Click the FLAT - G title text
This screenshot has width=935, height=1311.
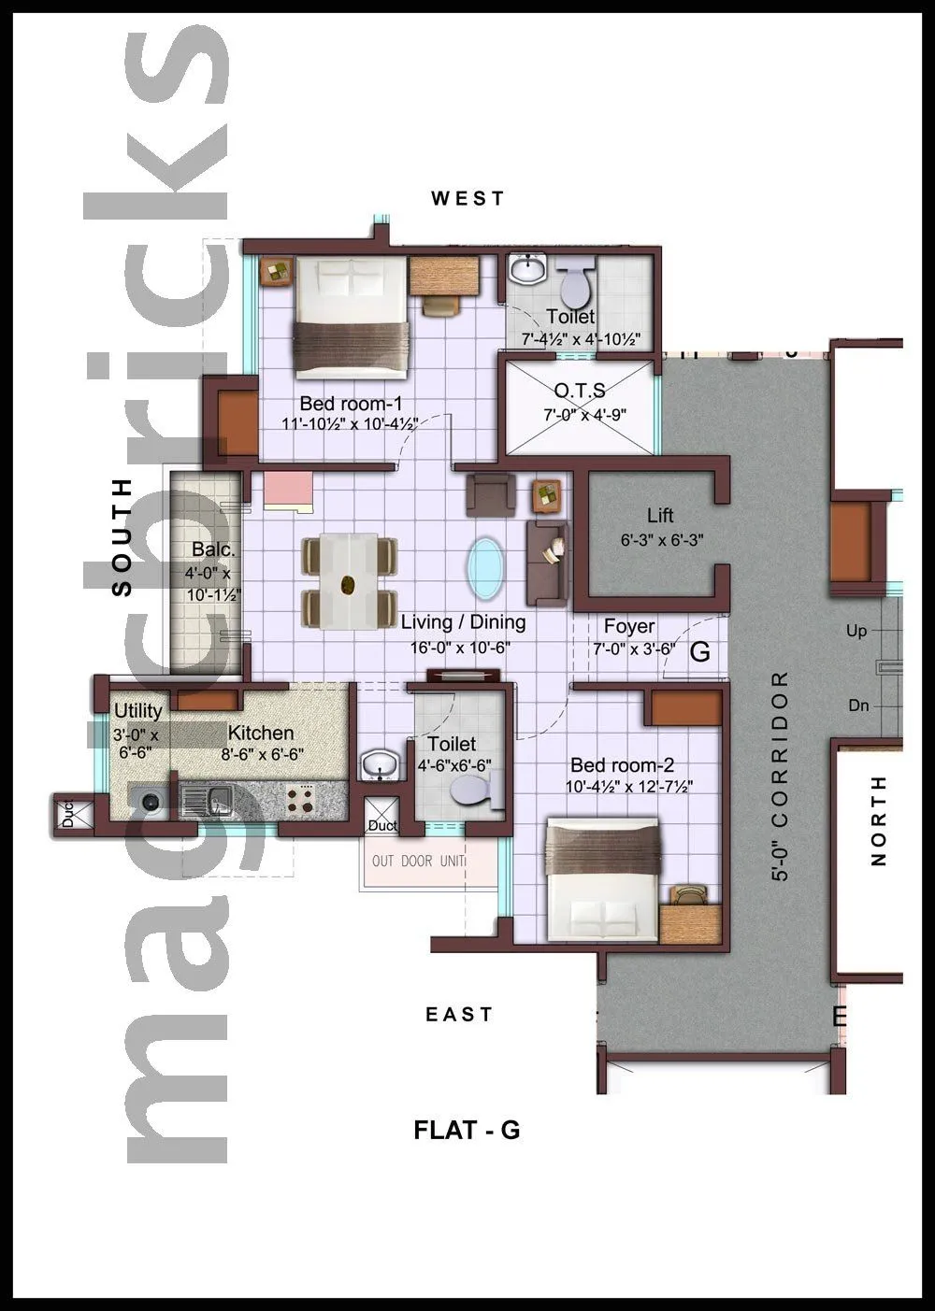(x=467, y=1130)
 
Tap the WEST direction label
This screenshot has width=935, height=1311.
(x=467, y=198)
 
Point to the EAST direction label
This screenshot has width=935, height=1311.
(x=459, y=1014)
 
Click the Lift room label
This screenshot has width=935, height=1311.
(x=660, y=515)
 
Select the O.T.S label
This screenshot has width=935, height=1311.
(x=580, y=390)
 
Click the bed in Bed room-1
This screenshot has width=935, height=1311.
(x=352, y=317)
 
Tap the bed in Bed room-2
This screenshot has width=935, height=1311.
(x=603, y=877)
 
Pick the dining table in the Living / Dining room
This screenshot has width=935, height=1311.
(x=349, y=582)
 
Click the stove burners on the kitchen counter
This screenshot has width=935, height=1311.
(x=302, y=799)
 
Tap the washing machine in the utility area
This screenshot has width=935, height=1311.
(x=150, y=802)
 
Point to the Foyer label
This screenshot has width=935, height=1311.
(x=629, y=626)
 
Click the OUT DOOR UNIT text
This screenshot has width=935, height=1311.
(x=418, y=861)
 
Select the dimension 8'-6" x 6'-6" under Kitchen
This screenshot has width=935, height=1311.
(x=262, y=754)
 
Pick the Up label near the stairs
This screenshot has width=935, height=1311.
(x=856, y=631)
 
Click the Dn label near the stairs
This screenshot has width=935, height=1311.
(x=858, y=705)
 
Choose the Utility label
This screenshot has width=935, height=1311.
(x=138, y=711)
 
